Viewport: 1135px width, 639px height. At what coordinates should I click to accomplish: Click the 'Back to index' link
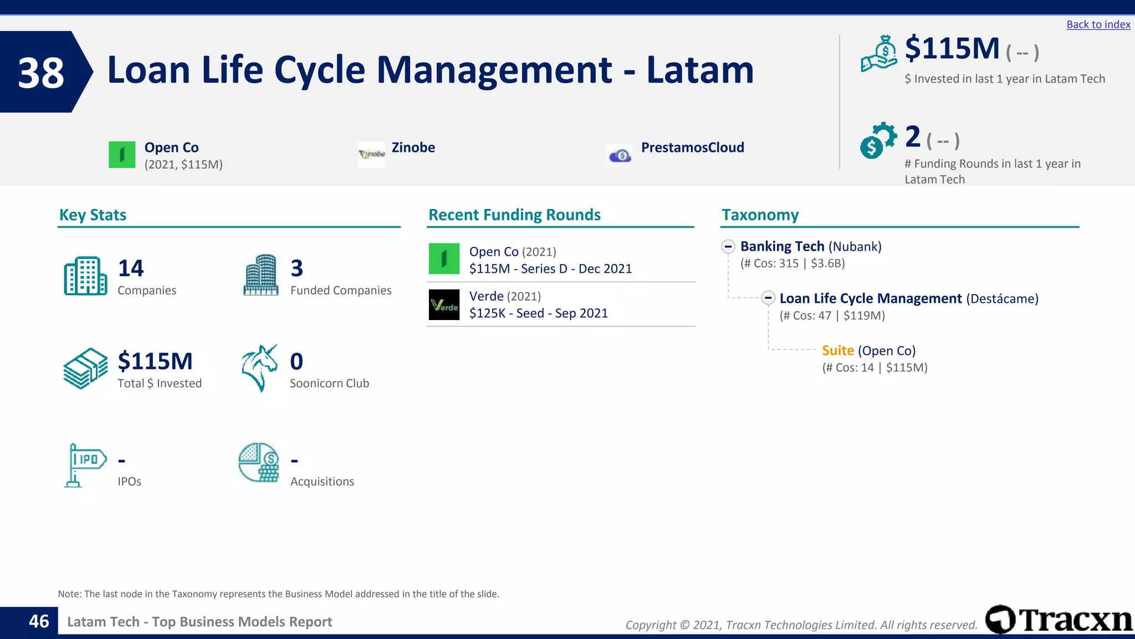[1098, 24]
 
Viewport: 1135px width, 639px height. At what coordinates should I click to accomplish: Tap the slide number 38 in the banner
[41, 73]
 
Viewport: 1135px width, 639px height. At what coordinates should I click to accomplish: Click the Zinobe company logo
[371, 154]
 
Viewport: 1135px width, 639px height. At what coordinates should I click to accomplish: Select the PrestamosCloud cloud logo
[620, 155]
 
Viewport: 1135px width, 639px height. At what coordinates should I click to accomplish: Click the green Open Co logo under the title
[122, 155]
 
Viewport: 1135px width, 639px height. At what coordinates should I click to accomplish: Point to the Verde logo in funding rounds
[444, 305]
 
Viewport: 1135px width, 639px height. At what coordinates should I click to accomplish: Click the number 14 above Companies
[131, 268]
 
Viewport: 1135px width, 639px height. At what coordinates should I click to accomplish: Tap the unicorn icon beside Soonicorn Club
[259, 368]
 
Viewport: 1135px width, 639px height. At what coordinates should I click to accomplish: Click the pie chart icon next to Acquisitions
[259, 463]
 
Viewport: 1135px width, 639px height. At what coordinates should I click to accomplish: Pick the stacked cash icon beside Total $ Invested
[85, 369]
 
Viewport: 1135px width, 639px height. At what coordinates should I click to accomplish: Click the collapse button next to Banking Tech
[728, 246]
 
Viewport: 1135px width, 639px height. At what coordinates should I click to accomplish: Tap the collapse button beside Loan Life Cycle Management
[768, 298]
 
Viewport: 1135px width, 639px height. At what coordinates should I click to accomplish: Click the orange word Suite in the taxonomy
[837, 351]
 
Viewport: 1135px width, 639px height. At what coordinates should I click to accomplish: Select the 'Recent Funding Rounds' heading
[514, 215]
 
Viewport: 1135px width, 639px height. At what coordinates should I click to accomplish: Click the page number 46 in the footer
[39, 621]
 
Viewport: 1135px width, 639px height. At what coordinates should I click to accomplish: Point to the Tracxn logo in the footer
[1059, 620]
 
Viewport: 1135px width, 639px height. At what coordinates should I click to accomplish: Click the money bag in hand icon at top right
[879, 54]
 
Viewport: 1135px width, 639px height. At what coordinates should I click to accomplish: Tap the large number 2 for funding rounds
[912, 136]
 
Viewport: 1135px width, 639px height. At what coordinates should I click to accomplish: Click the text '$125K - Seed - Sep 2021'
[538, 313]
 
